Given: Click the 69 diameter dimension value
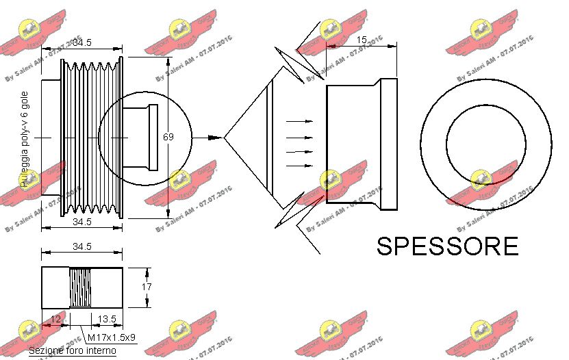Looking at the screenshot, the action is (x=168, y=137).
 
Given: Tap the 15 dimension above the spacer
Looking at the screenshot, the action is (x=362, y=40).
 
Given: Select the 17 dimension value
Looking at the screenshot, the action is (x=147, y=287).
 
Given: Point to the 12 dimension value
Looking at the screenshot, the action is (x=56, y=320).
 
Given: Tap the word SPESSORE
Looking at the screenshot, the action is (x=448, y=246).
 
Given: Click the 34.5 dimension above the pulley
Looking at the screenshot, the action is (x=82, y=42).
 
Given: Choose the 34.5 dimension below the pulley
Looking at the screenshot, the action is (x=82, y=222).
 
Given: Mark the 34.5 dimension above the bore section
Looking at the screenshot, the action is (x=82, y=247).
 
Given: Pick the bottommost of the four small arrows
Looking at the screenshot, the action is (x=299, y=165).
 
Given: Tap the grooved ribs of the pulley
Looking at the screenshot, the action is (x=89, y=137).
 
